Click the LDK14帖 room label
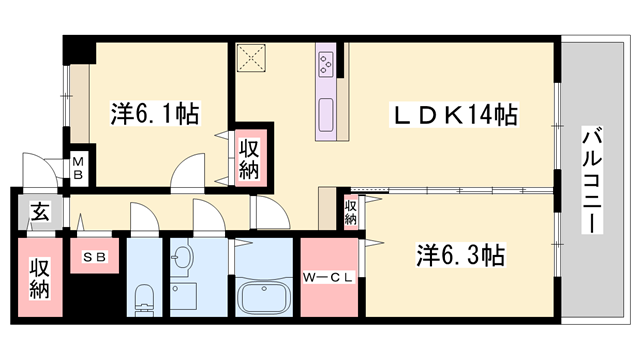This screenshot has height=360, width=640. point(455,115)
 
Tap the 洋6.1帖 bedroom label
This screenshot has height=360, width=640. point(155,113)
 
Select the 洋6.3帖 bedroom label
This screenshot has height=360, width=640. point(460,255)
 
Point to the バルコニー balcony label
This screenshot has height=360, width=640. point(592,180)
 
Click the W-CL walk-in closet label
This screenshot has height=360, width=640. point(328,278)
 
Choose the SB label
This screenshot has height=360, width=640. point(95,257)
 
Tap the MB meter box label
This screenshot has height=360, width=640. point(78,169)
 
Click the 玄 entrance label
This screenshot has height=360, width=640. point(40,211)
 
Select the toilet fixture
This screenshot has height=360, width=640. point(144,299)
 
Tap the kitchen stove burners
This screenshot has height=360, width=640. point(327,64)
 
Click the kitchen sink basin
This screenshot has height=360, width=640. point(326,115)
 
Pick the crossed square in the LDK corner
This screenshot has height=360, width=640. point(251,58)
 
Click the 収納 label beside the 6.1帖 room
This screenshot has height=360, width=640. point(249,159)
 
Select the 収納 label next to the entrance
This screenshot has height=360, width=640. point(40,278)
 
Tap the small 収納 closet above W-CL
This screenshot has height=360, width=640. point(350,212)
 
